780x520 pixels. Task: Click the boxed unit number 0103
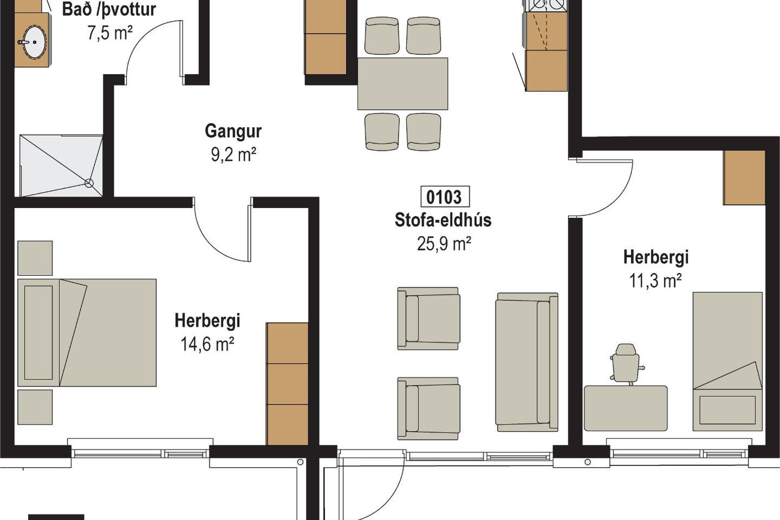coord(445,197)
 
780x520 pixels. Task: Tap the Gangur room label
coord(233,131)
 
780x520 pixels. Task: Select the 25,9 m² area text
coord(444,244)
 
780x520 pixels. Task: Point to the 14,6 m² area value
coord(207,344)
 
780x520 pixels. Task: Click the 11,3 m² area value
coord(655,280)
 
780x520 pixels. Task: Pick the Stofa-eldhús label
coord(443,220)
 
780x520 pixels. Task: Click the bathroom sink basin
coord(35,42)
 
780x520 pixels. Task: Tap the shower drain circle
coord(89,183)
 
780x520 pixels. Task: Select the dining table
coord(403,84)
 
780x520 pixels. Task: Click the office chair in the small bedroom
coord(626,364)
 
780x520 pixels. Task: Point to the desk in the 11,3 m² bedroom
coord(626,408)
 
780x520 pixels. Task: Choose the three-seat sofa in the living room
coord(527,362)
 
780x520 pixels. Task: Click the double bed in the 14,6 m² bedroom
coord(87,332)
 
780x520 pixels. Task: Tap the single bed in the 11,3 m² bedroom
coord(727,361)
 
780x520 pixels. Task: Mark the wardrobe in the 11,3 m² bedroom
coord(744,178)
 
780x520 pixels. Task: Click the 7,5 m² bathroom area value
coord(110,32)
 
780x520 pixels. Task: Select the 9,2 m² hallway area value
coord(234,154)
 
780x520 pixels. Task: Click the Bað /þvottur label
coord(109,9)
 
